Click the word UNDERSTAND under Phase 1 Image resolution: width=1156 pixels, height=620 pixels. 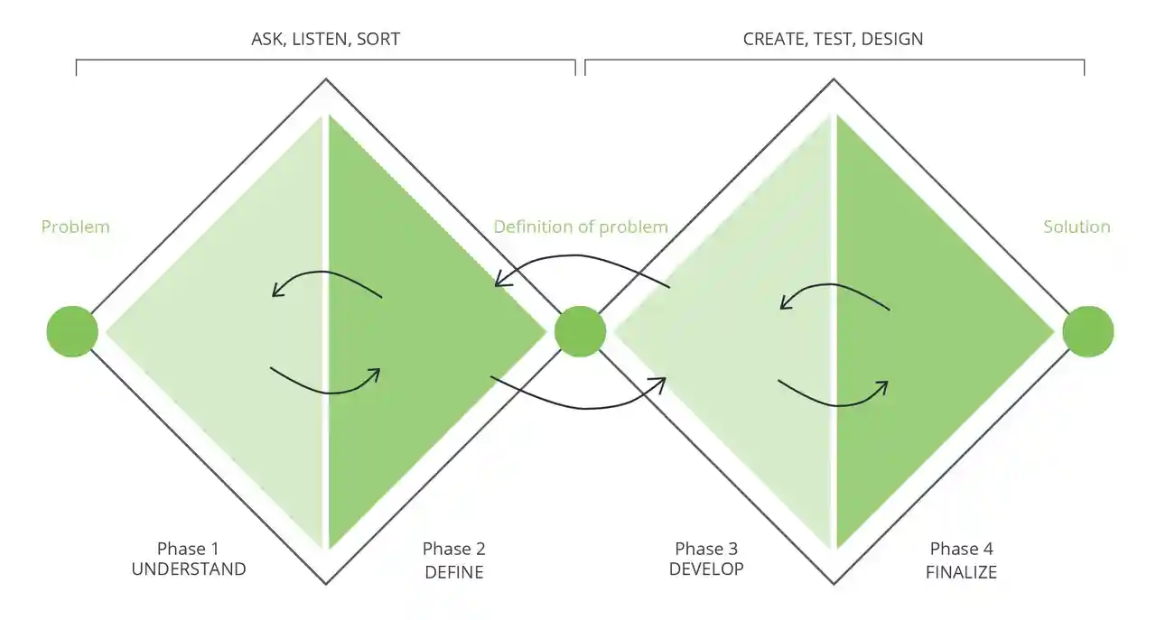point(189,569)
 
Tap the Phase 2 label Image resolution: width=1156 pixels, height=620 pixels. point(454,549)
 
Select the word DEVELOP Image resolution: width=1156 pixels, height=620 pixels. point(706,569)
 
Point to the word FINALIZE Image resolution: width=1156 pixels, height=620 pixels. point(962,572)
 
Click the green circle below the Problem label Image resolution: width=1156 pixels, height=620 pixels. point(72,332)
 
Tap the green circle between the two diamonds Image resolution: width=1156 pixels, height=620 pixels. point(580,332)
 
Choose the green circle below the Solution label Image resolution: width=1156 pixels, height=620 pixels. point(1088,332)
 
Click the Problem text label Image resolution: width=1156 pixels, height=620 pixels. point(75,227)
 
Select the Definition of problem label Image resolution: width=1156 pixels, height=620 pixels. point(581,227)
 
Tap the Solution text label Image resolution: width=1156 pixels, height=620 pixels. point(1077,227)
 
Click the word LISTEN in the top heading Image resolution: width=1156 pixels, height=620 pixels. point(320,39)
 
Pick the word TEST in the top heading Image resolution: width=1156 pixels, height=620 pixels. point(835,39)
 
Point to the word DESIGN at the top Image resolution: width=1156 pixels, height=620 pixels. point(892,39)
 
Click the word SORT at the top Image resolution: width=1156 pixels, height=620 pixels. point(378,39)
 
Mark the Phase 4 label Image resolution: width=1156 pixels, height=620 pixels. point(962,549)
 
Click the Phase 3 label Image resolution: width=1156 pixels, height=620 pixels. point(706,549)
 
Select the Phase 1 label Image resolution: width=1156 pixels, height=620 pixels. point(188,549)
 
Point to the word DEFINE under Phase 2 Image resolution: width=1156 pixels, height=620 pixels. point(454,572)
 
